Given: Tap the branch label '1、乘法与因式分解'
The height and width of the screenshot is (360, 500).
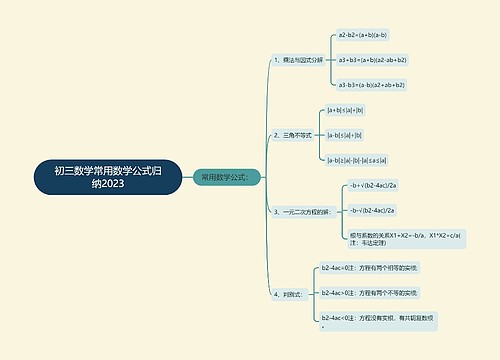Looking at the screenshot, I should pos(298,60).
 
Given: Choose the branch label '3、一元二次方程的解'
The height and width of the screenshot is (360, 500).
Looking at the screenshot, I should pos(300,212).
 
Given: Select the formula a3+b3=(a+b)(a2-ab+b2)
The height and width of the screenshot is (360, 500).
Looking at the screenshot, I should pos(372,60).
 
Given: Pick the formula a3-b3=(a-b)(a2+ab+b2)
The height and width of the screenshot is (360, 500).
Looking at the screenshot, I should pos(372,85).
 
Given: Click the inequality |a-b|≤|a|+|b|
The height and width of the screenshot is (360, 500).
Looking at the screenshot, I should pos(344,134).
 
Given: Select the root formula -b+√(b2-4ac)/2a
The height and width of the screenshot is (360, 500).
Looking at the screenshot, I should pos(372,185).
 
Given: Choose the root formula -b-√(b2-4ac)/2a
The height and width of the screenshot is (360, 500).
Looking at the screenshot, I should pos(372,210).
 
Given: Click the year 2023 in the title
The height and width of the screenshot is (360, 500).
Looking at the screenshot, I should pos(128,186).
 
